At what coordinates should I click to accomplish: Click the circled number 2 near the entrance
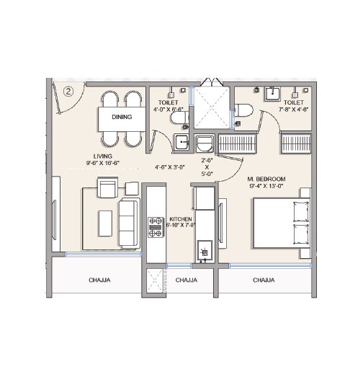[x=68, y=91]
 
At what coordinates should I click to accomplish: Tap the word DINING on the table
[x=121, y=117]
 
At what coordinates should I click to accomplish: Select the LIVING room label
[x=102, y=156]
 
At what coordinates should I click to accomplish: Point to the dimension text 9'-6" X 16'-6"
[x=102, y=164]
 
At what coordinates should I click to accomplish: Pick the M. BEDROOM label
[x=266, y=179]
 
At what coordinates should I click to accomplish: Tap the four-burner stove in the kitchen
[x=155, y=226]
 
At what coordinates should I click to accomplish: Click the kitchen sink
[x=204, y=252]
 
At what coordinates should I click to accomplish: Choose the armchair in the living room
[x=108, y=190]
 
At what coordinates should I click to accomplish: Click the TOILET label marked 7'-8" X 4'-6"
[x=294, y=102]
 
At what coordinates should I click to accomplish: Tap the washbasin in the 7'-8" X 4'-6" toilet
[x=272, y=94]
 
